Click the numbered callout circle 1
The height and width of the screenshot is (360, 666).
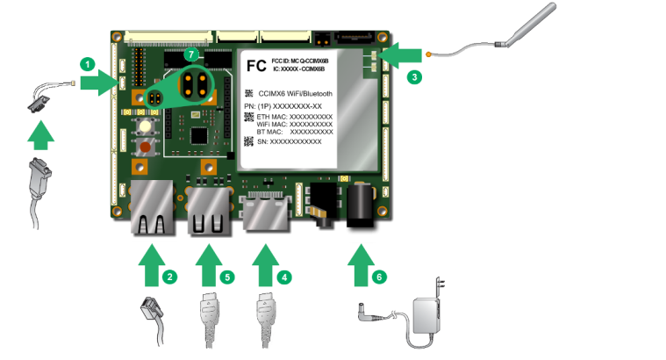(x=86, y=63)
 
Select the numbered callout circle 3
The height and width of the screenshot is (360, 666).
(x=415, y=76)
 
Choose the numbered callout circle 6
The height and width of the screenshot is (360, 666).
(x=378, y=276)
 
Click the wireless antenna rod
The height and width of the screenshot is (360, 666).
(x=526, y=23)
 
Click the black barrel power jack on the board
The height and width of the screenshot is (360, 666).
(x=361, y=205)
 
